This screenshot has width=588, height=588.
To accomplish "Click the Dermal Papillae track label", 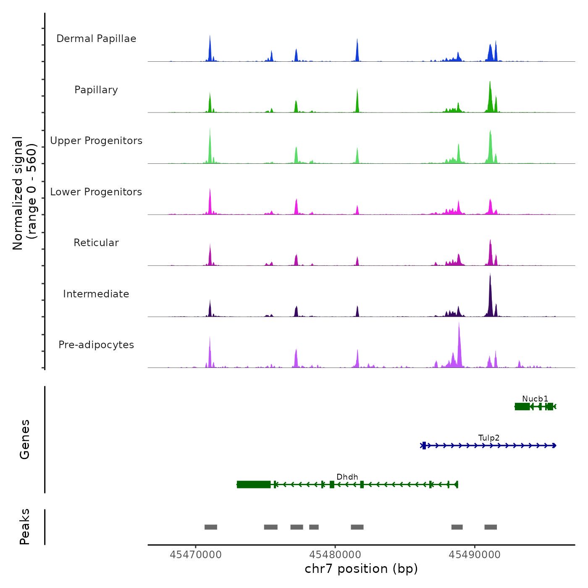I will tap(96, 39).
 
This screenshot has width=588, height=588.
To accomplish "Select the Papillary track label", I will tap(96, 90).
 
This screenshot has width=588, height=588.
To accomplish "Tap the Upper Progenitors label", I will tap(96, 141).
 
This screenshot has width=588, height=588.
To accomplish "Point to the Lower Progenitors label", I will tap(96, 192).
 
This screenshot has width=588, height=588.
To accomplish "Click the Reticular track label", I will tap(96, 243).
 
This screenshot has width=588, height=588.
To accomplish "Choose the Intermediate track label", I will tap(96, 294).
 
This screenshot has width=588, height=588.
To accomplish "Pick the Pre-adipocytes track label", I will tap(96, 345).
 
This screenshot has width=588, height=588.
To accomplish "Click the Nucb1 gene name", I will tap(535, 399).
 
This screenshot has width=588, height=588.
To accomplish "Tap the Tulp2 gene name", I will tap(489, 438).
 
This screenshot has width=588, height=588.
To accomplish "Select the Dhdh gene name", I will tap(347, 477).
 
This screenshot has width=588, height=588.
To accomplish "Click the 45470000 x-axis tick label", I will tap(196, 555).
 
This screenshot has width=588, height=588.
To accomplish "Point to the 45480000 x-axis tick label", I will tap(335, 555).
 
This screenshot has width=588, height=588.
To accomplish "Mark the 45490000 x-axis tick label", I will tap(475, 555).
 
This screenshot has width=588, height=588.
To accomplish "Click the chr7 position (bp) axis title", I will tap(361, 569).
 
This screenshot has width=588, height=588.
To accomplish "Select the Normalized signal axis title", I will tap(24, 193).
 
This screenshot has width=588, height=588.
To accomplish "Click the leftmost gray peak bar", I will tap(211, 527).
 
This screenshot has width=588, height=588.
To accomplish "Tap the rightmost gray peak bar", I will tap(491, 527).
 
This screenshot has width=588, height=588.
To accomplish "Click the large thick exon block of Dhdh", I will tap(254, 485).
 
